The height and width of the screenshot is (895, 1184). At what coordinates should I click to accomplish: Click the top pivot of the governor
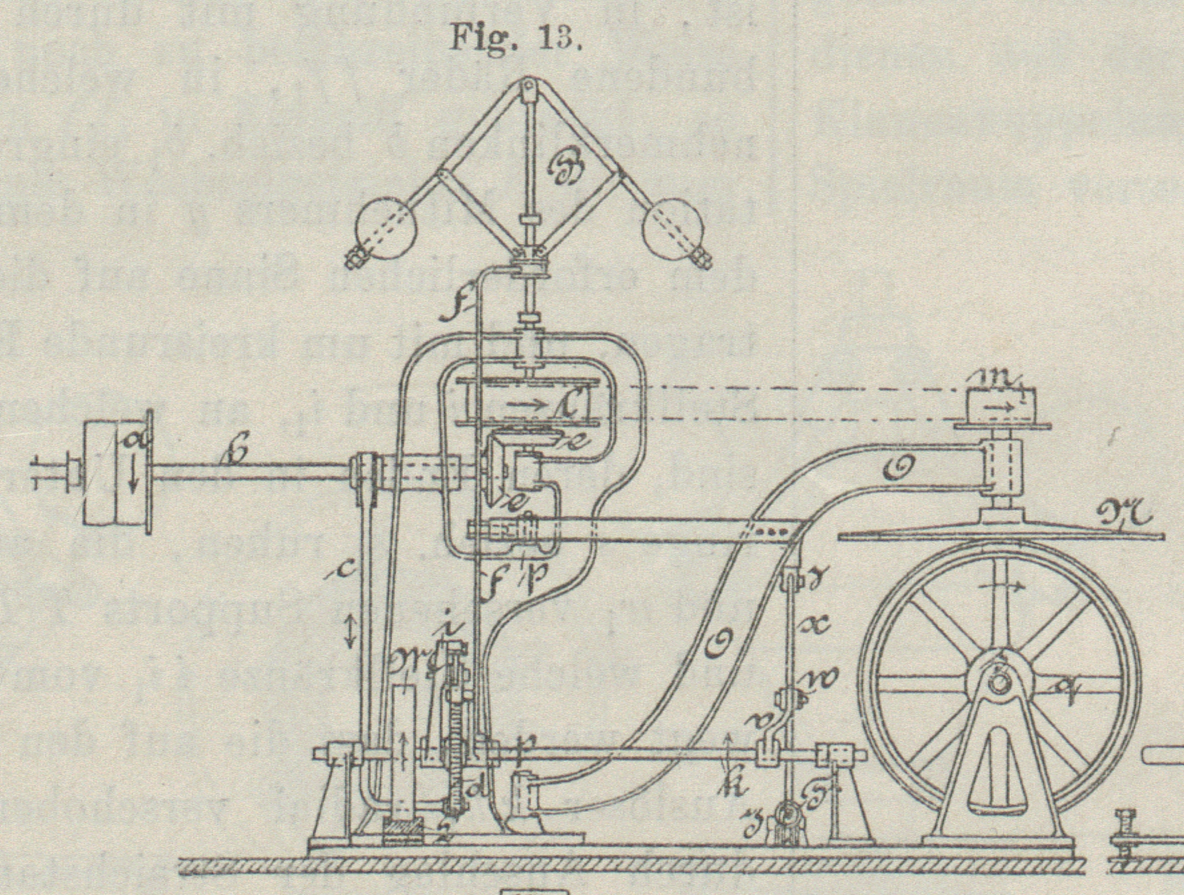point(528,87)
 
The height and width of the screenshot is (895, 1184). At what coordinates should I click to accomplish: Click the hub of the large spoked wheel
point(999,684)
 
